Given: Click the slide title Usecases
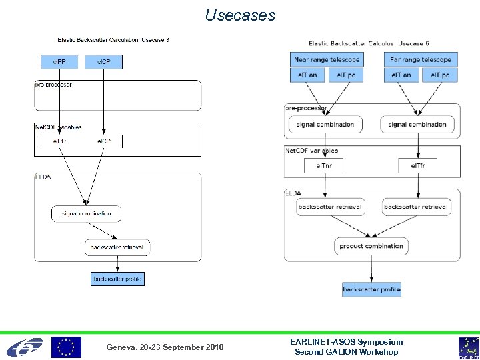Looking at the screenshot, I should (x=240, y=15).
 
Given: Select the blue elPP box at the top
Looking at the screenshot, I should (x=59, y=61).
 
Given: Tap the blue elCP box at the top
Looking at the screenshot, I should (x=104, y=61).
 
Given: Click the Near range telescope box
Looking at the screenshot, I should (x=327, y=59).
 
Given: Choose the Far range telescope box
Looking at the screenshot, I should (x=421, y=59).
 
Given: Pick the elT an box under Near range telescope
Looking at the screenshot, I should (x=307, y=75).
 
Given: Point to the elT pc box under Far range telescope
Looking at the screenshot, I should (x=440, y=75).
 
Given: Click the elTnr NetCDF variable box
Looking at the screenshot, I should (x=324, y=165).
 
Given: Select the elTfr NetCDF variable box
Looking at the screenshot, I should (x=419, y=165).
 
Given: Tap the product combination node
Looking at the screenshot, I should (x=371, y=246).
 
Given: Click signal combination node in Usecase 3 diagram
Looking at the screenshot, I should (x=87, y=214).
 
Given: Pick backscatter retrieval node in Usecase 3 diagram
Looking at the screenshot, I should (x=117, y=247).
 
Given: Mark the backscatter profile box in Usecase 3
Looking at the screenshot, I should (x=117, y=279).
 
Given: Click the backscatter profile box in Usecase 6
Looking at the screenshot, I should (x=371, y=289).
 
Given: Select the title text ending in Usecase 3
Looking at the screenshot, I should (x=113, y=40).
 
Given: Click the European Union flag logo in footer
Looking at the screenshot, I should (x=66, y=347).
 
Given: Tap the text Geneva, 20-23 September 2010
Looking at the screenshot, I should (x=165, y=347).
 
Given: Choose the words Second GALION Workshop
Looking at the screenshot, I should (x=346, y=352).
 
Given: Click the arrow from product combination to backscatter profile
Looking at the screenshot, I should (x=371, y=268).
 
